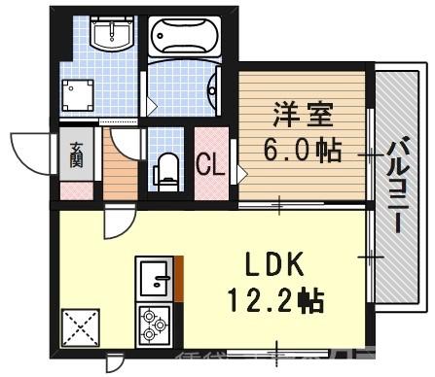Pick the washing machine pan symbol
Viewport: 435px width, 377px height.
click(x=77, y=95)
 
